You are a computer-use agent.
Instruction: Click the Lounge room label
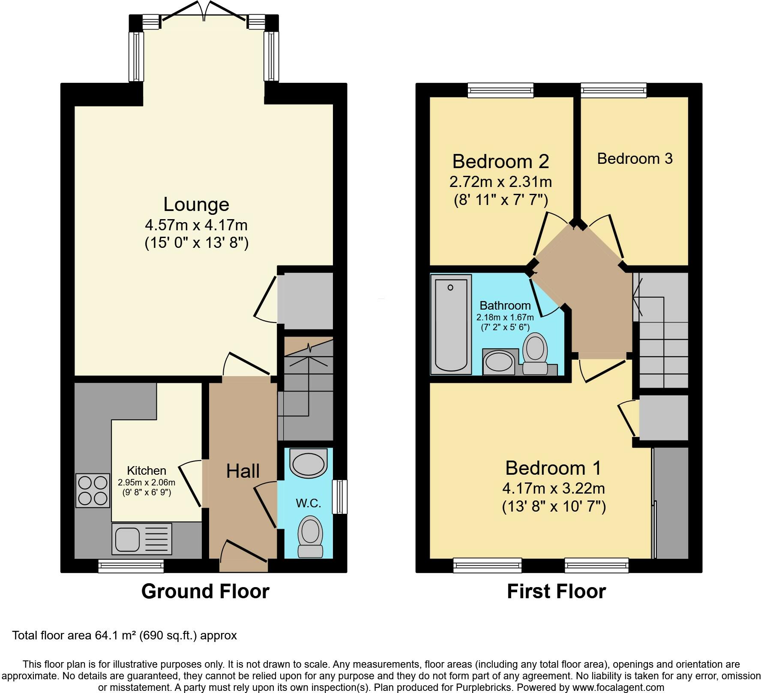point(196,204)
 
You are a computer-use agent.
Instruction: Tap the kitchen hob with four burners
point(93,491)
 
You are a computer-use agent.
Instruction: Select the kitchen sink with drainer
point(141,538)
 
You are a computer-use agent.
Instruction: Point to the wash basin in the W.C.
point(309,462)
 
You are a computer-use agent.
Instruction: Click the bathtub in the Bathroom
point(451,324)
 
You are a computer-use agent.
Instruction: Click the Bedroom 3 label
point(635,159)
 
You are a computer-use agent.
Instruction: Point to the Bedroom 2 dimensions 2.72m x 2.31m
point(500,182)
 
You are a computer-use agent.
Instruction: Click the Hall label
point(243,471)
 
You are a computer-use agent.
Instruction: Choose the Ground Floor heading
point(205,591)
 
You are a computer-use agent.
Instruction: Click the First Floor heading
point(556,591)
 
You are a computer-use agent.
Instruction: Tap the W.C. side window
point(340,497)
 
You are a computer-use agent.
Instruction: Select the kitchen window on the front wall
point(131,566)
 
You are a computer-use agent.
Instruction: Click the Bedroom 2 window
point(501,90)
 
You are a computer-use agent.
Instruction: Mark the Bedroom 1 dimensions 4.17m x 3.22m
point(554,488)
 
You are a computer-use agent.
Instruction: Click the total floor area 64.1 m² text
point(125,635)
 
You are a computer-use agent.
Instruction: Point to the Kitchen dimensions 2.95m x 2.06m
point(147,482)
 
